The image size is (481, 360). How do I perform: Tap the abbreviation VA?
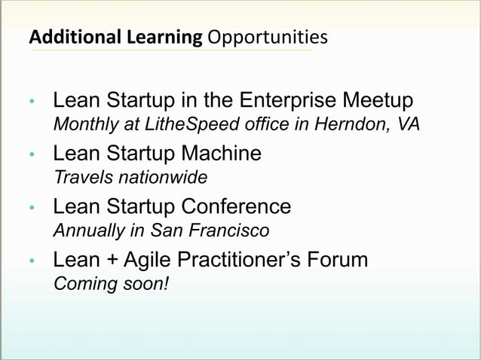(406, 124)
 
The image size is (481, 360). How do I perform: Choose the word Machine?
(221, 154)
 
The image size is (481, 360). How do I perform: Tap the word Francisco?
(234, 230)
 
